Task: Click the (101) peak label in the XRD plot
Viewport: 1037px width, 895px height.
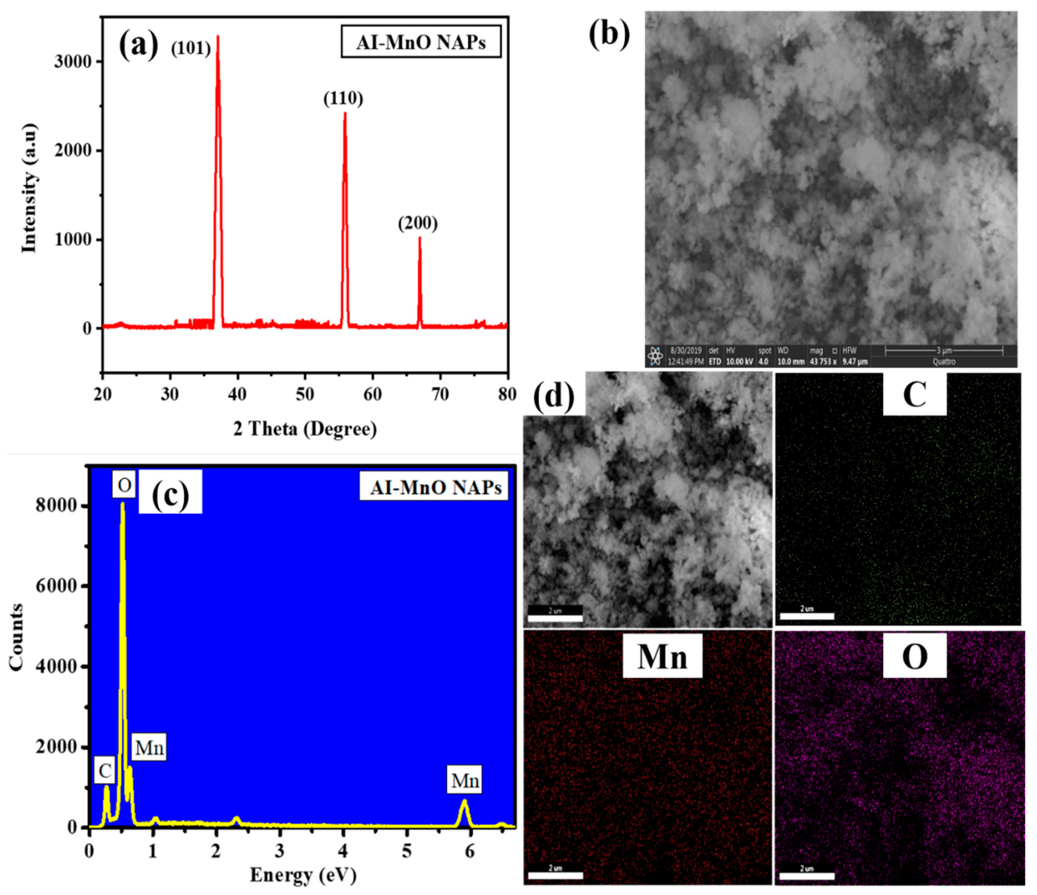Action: click(191, 48)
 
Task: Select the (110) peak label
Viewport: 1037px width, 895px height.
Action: click(343, 99)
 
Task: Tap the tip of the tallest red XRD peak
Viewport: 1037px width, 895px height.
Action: click(218, 36)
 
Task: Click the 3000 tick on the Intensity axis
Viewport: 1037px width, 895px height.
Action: click(75, 61)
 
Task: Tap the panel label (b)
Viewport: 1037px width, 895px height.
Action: click(609, 36)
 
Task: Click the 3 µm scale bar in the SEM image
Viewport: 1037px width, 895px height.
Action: click(944, 351)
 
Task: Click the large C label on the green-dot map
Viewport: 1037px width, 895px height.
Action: click(914, 396)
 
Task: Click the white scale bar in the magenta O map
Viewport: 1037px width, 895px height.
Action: click(807, 875)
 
